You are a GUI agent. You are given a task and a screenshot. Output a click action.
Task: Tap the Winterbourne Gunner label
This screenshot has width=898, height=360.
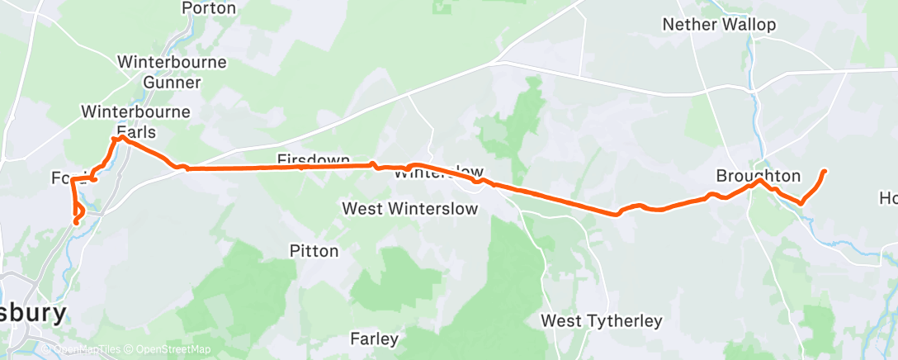tap(159, 72)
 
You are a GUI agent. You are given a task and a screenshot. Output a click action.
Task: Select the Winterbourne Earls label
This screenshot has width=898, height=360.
tap(136, 121)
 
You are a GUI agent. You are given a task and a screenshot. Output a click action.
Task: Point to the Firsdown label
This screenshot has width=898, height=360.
tap(314, 159)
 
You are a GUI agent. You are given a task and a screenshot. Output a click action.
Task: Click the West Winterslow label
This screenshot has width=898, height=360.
tap(410, 209)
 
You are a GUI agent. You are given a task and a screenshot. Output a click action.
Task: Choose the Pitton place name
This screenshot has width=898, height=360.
tap(314, 250)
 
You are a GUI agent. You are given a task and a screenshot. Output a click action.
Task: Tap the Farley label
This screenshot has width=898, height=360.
tap(374, 339)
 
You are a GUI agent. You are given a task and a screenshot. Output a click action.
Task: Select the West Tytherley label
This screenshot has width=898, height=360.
tap(601, 320)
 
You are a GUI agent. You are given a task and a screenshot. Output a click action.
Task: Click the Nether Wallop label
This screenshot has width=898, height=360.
tap(720, 25)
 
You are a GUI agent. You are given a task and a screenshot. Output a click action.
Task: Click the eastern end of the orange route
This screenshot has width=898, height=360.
tap(825, 171)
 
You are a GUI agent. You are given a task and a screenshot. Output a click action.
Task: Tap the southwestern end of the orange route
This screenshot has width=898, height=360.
tap(76, 222)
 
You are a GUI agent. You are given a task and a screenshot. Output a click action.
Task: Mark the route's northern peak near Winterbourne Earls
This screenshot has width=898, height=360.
tap(122, 137)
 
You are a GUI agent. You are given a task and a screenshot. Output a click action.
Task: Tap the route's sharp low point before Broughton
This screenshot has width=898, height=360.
tap(617, 216)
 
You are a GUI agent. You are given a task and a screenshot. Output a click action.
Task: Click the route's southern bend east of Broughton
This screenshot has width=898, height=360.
tap(800, 203)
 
